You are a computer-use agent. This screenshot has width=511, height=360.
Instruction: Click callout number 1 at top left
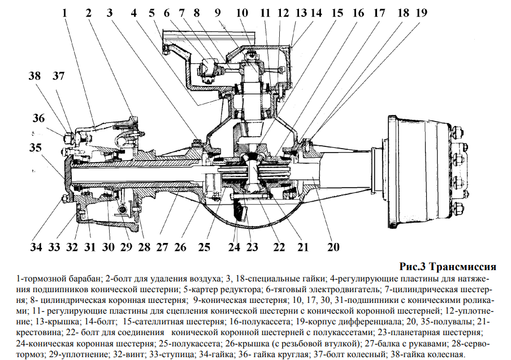(x=66, y=12)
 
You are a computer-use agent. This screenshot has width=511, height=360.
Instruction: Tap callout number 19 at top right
(x=420, y=12)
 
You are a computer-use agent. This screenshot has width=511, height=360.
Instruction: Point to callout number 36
(x=38, y=118)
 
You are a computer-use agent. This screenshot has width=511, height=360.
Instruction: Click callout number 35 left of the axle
(x=36, y=148)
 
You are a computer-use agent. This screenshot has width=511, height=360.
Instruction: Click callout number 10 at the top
(x=242, y=12)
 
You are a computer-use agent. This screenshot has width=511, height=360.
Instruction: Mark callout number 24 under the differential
(x=234, y=248)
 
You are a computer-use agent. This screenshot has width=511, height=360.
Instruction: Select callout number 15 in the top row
(x=337, y=12)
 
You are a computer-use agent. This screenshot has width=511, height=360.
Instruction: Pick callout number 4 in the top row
(x=133, y=12)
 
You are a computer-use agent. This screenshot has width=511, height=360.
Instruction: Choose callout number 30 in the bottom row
(x=107, y=248)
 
